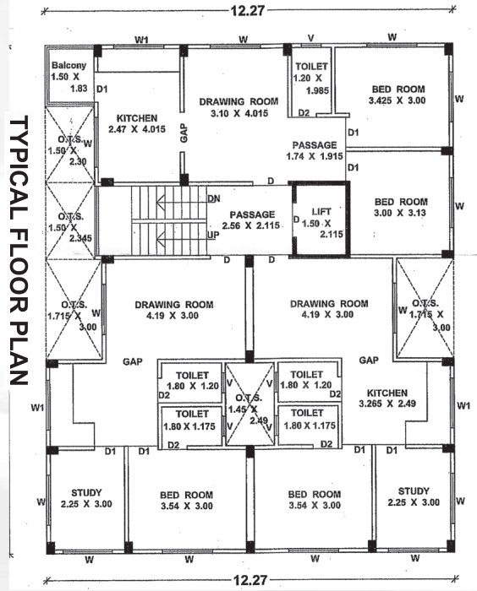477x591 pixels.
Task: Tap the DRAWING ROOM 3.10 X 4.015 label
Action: [x=233, y=107]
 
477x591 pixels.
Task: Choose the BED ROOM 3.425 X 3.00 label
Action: [x=396, y=94]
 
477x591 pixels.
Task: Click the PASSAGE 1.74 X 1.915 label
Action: [x=315, y=151]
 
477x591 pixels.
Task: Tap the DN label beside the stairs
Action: [x=214, y=198]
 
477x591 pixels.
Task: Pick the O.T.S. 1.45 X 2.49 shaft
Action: [x=250, y=404]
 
